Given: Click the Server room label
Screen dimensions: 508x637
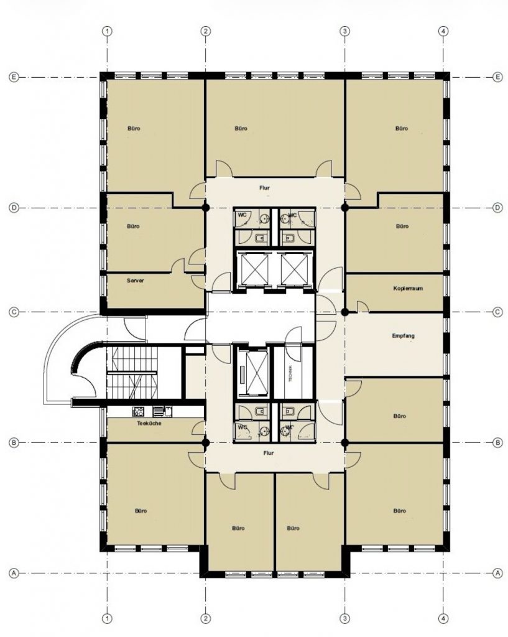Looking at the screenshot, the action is click(135, 281).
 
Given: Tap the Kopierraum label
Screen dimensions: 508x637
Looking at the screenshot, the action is click(408, 289).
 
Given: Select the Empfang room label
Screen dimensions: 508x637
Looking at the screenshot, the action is click(404, 336).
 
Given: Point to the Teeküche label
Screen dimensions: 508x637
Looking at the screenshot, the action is click(149, 423).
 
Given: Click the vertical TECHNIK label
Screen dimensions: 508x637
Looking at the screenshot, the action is click(290, 373).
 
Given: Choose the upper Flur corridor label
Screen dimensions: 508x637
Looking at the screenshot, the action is click(264, 188).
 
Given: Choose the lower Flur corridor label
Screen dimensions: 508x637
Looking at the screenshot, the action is click(269, 453).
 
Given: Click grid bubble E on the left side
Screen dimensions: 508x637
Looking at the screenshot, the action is click(14, 77).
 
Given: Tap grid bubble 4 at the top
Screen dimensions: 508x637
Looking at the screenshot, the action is click(444, 31).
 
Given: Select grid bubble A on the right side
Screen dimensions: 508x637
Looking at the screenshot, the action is click(498, 573).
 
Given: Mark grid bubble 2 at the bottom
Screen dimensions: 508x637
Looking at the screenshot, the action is click(206, 619).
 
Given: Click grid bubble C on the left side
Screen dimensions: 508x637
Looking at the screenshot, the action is click(14, 312).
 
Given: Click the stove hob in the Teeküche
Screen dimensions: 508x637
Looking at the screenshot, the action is click(138, 412).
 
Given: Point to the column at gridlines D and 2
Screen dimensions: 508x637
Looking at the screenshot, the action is click(206, 208).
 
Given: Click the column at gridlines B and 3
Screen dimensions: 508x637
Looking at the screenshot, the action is click(344, 442).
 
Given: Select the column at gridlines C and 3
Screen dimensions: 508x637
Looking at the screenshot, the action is click(344, 312).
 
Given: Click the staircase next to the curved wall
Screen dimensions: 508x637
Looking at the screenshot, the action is click(132, 372).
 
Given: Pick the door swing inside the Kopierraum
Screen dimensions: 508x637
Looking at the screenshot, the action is click(363, 307).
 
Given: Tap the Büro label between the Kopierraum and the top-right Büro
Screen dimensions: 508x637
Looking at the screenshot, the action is click(402, 226).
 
